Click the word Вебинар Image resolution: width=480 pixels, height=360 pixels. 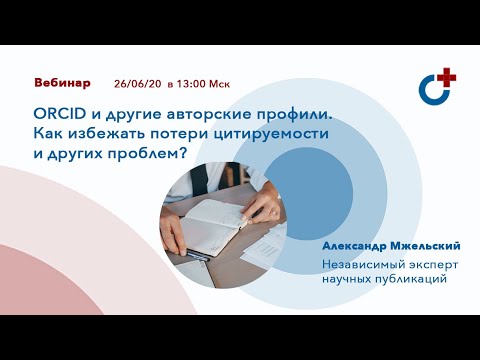pyautogui.click(x=62, y=81)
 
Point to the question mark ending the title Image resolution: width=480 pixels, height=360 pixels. pyautogui.click(x=185, y=154)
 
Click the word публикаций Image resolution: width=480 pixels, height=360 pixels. pyautogui.click(x=407, y=279)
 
